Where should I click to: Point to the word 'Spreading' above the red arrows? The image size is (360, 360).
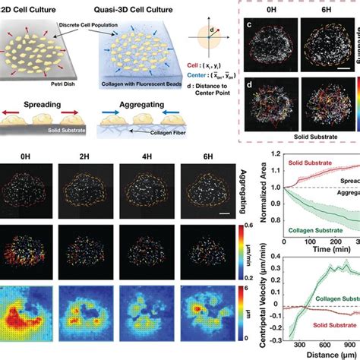(35, 109)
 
